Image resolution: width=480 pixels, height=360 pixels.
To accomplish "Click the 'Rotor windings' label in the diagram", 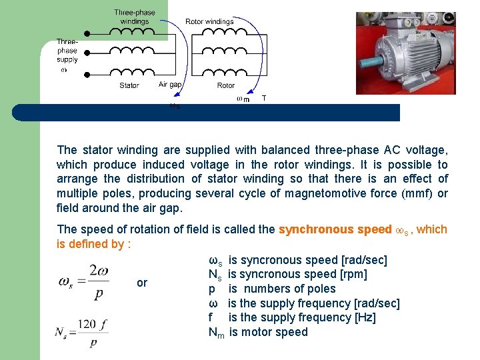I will click(209, 21).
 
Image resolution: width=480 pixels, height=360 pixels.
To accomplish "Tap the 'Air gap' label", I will click(170, 85).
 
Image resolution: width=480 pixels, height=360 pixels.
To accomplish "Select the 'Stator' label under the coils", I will click(129, 85).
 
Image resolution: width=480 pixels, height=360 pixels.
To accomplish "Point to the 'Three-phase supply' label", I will click(67, 51).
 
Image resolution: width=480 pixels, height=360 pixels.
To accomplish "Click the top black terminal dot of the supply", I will click(86, 33).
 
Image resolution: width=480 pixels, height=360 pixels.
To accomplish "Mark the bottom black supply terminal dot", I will click(86, 74).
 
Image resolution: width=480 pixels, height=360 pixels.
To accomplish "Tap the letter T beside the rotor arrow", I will click(264, 98).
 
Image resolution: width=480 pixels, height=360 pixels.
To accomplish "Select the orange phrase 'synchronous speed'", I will click(335, 229).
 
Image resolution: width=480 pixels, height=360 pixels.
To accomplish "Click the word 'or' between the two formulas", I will click(142, 283).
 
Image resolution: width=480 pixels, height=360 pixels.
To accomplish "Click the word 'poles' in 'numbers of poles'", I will click(320, 289).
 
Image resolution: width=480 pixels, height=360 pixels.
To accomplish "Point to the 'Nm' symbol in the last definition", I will click(216, 332).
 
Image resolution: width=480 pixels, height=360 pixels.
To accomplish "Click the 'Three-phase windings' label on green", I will click(135, 17).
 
